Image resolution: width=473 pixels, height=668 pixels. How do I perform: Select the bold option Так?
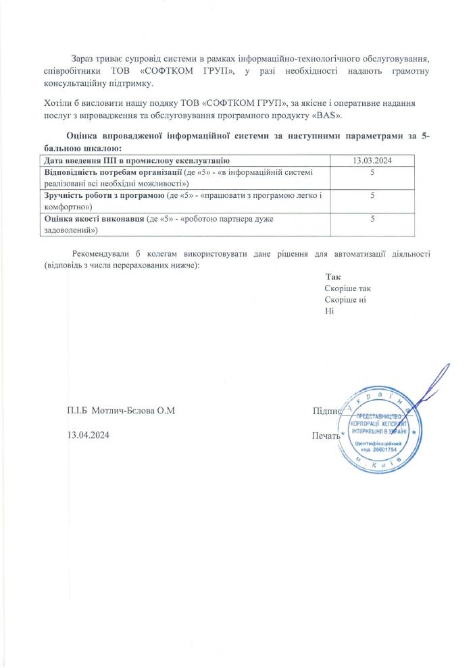click(x=333, y=277)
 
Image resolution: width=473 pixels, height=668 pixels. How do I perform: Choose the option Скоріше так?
click(x=347, y=288)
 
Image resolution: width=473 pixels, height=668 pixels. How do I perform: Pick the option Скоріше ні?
click(x=345, y=300)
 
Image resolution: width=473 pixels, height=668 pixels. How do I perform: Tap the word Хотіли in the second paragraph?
click(x=56, y=103)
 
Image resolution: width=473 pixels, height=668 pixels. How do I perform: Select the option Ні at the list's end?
click(x=330, y=311)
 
